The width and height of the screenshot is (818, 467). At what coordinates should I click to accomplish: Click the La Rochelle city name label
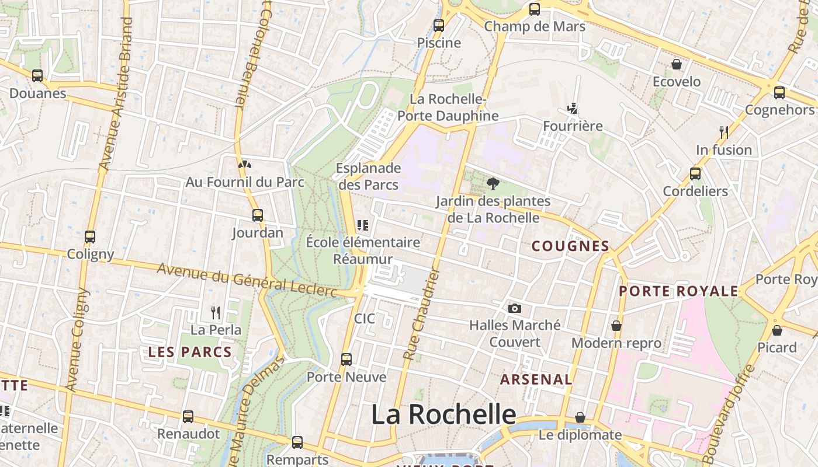click(x=443, y=414)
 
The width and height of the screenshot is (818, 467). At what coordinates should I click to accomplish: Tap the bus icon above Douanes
click(x=37, y=75)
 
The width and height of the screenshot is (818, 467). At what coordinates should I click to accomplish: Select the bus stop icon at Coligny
click(x=89, y=236)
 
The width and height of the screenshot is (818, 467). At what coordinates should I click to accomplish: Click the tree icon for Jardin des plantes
click(x=493, y=184)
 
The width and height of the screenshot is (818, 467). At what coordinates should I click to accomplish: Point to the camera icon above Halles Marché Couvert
click(x=514, y=308)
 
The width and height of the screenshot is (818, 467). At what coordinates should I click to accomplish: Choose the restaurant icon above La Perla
click(x=216, y=312)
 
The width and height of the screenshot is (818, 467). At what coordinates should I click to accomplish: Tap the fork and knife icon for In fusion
click(x=724, y=133)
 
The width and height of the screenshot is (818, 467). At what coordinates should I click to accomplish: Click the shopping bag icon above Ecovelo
click(x=677, y=64)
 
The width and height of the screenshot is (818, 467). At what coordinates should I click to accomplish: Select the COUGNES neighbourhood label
click(x=570, y=246)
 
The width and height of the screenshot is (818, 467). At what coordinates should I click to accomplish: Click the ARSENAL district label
click(x=536, y=379)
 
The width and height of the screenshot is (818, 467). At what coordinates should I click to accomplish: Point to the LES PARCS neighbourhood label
click(x=190, y=352)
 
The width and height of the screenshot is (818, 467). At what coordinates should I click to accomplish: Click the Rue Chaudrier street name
click(x=421, y=314)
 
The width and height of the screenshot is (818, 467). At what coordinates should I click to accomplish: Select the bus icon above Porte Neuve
click(x=346, y=359)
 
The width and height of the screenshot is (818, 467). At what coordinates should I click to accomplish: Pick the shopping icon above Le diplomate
click(x=580, y=417)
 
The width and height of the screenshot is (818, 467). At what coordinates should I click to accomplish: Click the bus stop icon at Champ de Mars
click(x=534, y=9)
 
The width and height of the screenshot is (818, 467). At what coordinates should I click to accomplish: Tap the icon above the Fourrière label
click(x=572, y=109)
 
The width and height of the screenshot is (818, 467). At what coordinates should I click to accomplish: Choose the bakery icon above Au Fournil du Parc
click(x=245, y=165)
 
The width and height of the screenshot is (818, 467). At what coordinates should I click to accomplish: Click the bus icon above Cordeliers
click(x=695, y=173)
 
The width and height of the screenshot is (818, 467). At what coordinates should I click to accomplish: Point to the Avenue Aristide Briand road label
click(x=116, y=93)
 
